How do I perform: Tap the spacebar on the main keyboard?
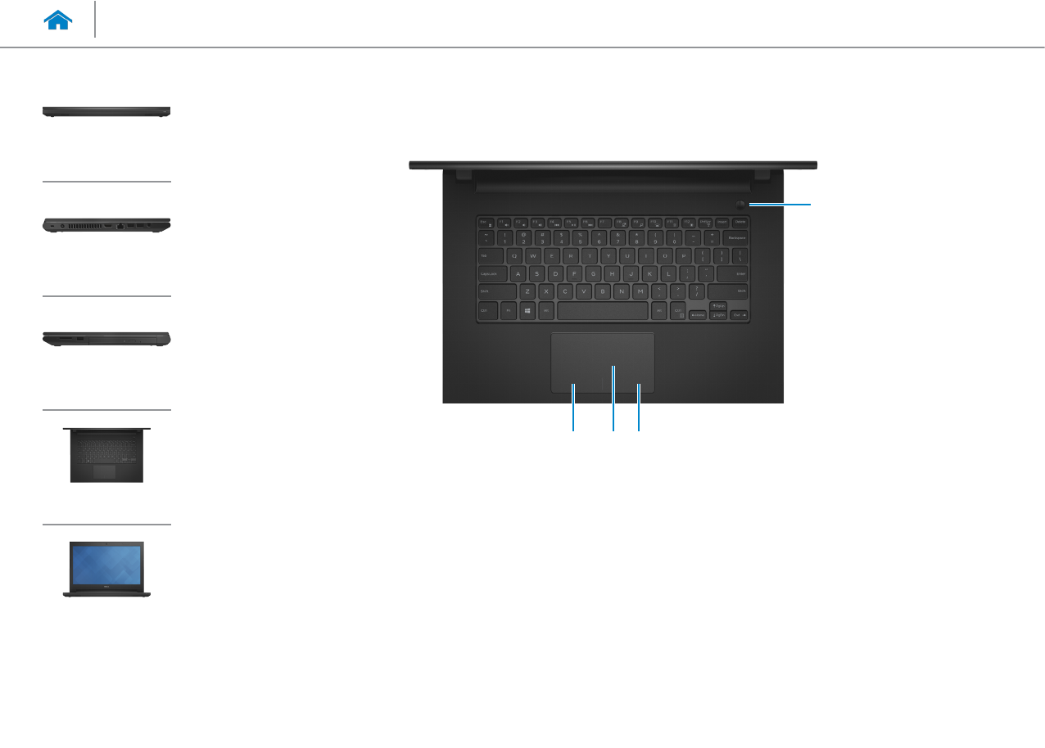602,312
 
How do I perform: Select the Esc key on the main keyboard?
484,221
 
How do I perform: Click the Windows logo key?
527,312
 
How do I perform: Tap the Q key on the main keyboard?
513,255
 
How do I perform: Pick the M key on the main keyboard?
640,291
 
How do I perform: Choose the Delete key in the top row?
740,221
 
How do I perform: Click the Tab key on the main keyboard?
489,255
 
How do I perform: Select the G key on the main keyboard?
593,273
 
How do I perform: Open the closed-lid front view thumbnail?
106,111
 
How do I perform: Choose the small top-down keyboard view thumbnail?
106,454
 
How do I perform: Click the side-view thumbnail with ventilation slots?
106,225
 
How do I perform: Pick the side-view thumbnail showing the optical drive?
106,340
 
